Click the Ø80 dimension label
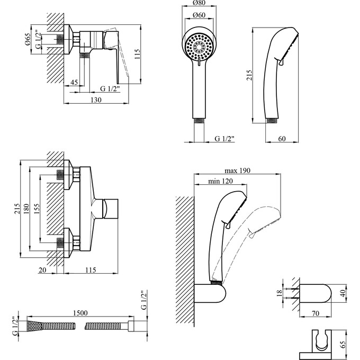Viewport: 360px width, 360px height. pos(199,3)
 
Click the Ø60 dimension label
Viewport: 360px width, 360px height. pos(199,15)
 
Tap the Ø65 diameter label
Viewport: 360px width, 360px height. pos(28,39)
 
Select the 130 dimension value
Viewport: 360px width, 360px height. pos(96,100)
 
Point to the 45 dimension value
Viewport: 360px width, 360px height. pos(74,82)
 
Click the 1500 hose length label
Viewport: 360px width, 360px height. pos(80,313)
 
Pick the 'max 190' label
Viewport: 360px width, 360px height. pos(237,170)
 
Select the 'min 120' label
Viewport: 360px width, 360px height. pos(220,182)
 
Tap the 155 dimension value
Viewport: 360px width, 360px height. pos(37,209)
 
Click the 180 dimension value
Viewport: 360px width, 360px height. pos(26,209)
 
